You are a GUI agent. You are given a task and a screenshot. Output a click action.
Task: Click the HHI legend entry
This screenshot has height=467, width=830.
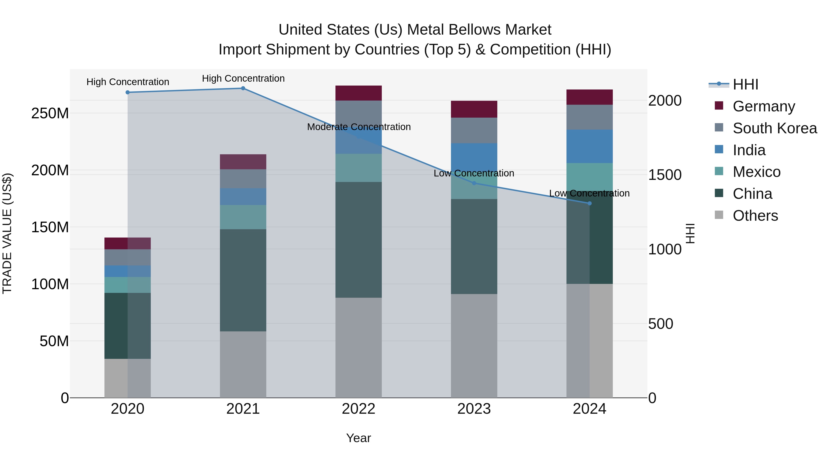click(x=745, y=84)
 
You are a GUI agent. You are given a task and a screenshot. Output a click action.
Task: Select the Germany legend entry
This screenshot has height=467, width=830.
click(x=764, y=106)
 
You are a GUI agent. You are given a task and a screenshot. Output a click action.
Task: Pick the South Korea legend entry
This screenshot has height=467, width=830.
click(x=775, y=128)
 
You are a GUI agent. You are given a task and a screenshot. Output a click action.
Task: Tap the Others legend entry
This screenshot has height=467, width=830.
click(x=755, y=216)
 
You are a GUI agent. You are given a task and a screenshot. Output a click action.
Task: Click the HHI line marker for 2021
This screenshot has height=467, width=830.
click(x=243, y=88)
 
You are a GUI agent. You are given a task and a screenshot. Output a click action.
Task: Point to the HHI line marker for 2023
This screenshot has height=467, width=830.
click(x=474, y=183)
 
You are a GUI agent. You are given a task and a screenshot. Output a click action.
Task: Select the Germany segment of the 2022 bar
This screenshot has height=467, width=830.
click(x=358, y=93)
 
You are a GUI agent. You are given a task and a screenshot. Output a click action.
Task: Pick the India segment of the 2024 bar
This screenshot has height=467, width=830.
click(x=589, y=146)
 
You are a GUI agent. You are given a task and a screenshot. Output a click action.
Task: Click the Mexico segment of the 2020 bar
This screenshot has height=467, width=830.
click(x=127, y=285)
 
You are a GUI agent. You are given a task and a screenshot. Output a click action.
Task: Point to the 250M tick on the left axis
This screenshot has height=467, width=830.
click(x=50, y=113)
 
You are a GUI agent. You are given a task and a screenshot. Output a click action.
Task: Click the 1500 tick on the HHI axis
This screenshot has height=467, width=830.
click(x=664, y=175)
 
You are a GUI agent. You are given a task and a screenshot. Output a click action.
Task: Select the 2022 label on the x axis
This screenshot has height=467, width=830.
click(x=358, y=409)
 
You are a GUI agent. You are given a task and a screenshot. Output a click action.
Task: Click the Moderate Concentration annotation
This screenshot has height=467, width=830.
click(x=359, y=127)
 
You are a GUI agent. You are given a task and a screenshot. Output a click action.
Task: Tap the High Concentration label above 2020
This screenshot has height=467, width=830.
click(x=127, y=82)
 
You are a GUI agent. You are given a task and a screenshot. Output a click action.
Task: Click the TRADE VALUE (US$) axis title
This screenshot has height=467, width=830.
click(x=7, y=233)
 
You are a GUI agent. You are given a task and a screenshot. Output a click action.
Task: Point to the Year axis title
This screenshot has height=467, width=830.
click(x=358, y=438)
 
